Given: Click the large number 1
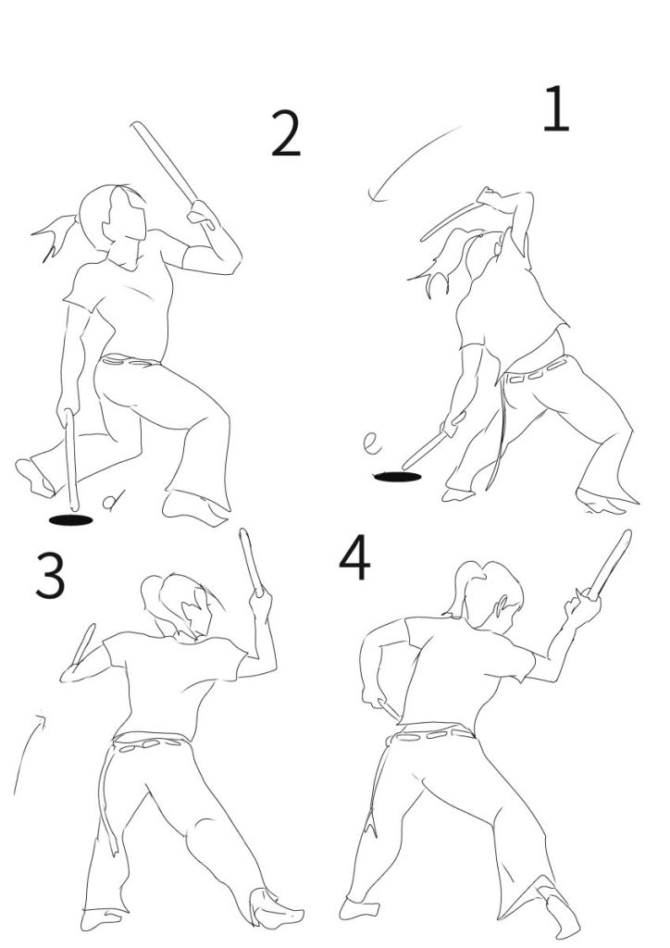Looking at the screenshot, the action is pyautogui.click(x=556, y=109).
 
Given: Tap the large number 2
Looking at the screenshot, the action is pyautogui.click(x=285, y=133).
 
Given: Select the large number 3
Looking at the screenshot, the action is pyautogui.click(x=50, y=576).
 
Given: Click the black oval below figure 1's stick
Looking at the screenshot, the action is pyautogui.click(x=398, y=477).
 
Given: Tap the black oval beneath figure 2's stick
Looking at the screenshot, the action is pyautogui.click(x=70, y=520).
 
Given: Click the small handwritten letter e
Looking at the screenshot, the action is pyautogui.click(x=372, y=443).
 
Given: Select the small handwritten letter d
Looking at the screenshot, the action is pyautogui.click(x=113, y=501).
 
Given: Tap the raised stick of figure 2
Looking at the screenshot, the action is pyautogui.click(x=164, y=162).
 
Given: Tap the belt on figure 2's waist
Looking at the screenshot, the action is pyautogui.click(x=129, y=362).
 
